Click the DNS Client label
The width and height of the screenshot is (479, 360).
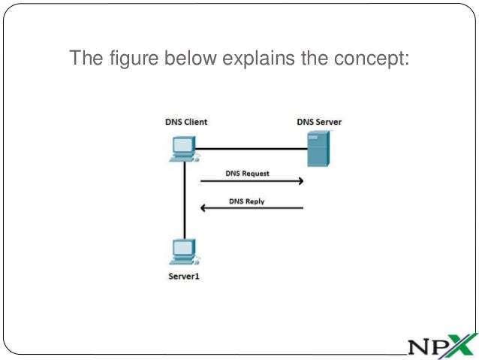[186, 122]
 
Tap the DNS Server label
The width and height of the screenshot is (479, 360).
[319, 122]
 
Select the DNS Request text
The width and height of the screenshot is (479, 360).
[247, 173]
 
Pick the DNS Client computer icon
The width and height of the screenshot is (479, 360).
[183, 148]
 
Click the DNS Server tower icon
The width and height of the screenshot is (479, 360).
[318, 149]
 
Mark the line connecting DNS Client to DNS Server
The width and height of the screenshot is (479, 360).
[252, 148]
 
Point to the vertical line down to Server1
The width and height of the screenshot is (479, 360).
[183, 199]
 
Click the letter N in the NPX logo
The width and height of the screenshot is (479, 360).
[420, 346]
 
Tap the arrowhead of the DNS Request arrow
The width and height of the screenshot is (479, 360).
[300, 181]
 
